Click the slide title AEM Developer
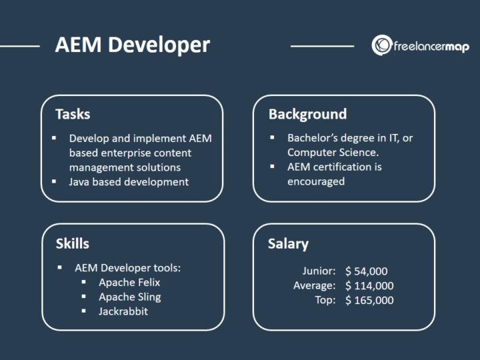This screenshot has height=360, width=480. pyautogui.click(x=132, y=45)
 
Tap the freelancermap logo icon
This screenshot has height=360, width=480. pyautogui.click(x=382, y=45)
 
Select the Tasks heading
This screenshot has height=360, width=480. pyautogui.click(x=73, y=114)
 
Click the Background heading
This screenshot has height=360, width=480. pyautogui.click(x=307, y=114)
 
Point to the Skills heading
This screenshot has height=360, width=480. pyautogui.click(x=72, y=243)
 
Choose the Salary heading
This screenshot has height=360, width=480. pyautogui.click(x=288, y=243)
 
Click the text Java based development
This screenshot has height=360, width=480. pyautogui.click(x=129, y=181)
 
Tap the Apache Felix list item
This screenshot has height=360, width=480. pyautogui.click(x=130, y=282)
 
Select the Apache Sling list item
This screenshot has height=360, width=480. pyautogui.click(x=130, y=297)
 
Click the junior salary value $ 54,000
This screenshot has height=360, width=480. pyautogui.click(x=366, y=271)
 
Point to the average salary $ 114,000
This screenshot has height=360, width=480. pyautogui.click(x=369, y=285)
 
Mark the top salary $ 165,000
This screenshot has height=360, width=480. pyautogui.click(x=369, y=300)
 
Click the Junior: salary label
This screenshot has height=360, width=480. pyautogui.click(x=319, y=271)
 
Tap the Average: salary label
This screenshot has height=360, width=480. pyautogui.click(x=314, y=285)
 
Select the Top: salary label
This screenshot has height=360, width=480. pyautogui.click(x=325, y=300)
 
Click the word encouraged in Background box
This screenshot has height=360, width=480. pyautogui.click(x=316, y=181)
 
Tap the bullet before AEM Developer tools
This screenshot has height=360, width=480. pyautogui.click(x=60, y=267)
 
